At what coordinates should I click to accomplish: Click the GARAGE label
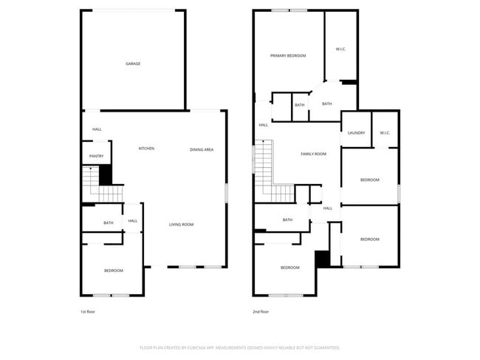133,64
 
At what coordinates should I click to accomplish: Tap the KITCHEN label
146,149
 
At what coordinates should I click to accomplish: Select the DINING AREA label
202,150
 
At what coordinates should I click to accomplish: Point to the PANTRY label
96,157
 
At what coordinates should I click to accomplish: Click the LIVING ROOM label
181,225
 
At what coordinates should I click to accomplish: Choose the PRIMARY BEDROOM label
288,55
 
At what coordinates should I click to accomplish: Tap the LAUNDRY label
356,133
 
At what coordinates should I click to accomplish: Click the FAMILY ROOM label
313,154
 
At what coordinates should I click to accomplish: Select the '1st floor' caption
87,312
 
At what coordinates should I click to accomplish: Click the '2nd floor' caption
260,312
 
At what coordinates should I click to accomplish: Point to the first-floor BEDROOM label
113,271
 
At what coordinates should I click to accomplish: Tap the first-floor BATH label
108,223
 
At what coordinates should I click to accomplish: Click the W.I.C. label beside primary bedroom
341,50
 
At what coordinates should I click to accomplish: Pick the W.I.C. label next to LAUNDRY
385,133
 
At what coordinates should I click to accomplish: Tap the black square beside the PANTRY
106,174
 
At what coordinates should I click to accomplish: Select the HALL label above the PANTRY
97,129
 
